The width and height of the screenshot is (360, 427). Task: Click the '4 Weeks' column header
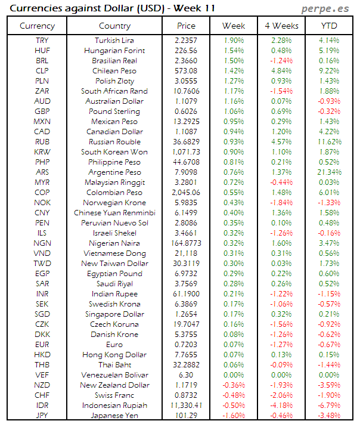pyautogui.click(x=281, y=26)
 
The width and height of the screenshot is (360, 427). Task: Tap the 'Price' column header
pyautogui.click(x=186, y=26)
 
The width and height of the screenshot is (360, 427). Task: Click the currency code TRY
pyautogui.click(x=42, y=40)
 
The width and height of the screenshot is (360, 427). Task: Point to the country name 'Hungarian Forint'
pyautogui.click(x=114, y=50)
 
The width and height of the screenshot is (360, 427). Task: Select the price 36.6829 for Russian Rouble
pyautogui.click(x=186, y=142)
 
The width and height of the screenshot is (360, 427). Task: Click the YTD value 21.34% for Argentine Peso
pyautogui.click(x=330, y=172)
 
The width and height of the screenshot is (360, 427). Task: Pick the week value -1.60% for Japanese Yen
pyautogui.click(x=233, y=415)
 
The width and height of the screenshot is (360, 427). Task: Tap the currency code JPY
pyautogui.click(x=42, y=415)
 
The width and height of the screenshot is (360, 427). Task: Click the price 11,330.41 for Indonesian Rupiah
pyautogui.click(x=186, y=405)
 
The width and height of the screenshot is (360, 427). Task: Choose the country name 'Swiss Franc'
pyautogui.click(x=114, y=395)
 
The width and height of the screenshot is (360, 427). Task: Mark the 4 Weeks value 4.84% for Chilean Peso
pyautogui.click(x=281, y=70)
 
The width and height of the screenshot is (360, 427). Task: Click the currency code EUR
pyautogui.click(x=42, y=344)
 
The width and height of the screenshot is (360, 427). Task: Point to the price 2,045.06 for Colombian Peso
pyautogui.click(x=186, y=193)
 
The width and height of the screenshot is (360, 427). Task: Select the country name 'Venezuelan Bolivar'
pyautogui.click(x=114, y=375)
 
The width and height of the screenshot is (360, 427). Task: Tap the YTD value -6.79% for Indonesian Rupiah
pyautogui.click(x=330, y=405)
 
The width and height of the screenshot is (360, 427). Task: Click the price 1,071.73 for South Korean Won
pyautogui.click(x=186, y=152)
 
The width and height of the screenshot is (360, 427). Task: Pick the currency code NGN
pyautogui.click(x=42, y=243)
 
